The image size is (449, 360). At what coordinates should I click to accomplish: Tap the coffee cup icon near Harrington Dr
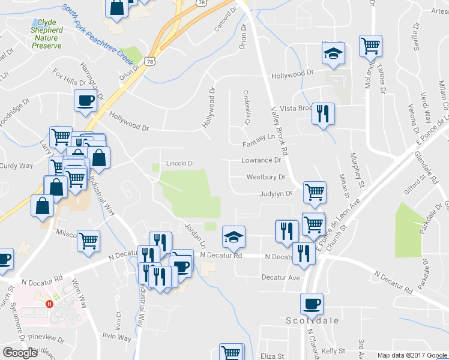pyautogui.click(x=85, y=100)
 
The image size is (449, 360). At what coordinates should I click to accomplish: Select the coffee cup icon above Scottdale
pyautogui.click(x=312, y=303)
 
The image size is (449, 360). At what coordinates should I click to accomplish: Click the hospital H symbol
pyautogui.click(x=50, y=304)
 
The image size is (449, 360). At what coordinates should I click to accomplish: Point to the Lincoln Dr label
pyautogui.click(x=181, y=163)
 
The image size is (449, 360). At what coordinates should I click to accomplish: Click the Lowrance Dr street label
pyautogui.click(x=261, y=160)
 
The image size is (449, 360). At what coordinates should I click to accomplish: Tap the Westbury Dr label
pyautogui.click(x=265, y=177)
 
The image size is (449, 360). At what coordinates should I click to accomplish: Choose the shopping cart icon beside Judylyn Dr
pyautogui.click(x=315, y=192)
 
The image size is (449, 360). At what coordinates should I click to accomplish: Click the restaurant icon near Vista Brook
pyautogui.click(x=324, y=113)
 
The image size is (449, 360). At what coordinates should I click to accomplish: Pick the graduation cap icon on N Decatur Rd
pyautogui.click(x=234, y=236)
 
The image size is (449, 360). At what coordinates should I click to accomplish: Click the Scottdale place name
pyautogui.click(x=312, y=320)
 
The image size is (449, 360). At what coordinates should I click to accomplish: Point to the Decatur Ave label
pyautogui.click(x=280, y=278)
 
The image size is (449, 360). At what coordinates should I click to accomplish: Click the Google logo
pyautogui.click(x=20, y=353)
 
